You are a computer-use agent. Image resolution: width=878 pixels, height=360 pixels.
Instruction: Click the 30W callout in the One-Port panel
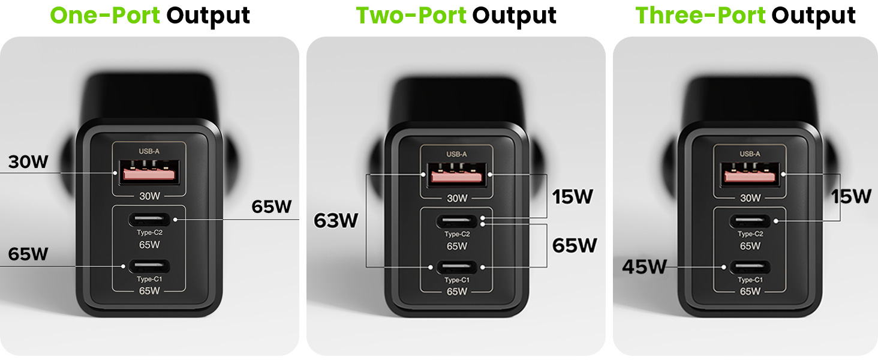[x=28, y=162]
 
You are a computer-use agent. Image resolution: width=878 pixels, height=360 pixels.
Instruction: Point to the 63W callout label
[x=336, y=221]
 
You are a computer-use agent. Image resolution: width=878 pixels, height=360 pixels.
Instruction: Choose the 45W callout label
[x=644, y=266]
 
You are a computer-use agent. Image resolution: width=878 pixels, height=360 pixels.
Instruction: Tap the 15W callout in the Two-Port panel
[x=572, y=196]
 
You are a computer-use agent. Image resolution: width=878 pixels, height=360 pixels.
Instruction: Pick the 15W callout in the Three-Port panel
[x=851, y=196]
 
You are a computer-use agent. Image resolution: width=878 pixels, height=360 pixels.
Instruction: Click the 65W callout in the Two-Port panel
[x=575, y=245]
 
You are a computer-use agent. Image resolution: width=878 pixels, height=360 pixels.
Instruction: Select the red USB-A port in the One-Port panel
[x=149, y=173]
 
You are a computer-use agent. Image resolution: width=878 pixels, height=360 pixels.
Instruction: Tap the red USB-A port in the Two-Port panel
[x=456, y=174]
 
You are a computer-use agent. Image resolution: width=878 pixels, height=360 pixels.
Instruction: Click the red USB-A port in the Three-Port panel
[x=750, y=174]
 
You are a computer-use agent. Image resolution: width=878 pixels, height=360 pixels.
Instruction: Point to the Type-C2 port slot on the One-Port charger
[x=149, y=220]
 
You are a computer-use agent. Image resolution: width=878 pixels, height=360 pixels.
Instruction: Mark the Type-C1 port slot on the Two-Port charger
[x=456, y=267]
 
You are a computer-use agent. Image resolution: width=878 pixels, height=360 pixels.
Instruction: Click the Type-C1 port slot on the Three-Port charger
[x=750, y=267]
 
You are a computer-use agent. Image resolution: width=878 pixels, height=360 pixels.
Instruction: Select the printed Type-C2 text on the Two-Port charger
[x=456, y=235]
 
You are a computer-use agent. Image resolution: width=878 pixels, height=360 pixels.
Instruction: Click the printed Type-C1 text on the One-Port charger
[x=149, y=279]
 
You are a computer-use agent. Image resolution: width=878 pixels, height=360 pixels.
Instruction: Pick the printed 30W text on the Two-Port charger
[x=456, y=197]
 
